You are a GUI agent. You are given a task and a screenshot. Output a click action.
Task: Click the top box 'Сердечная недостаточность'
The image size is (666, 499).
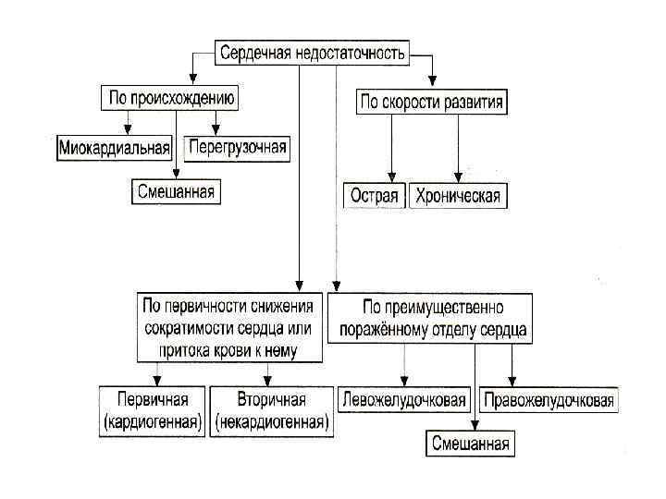[312, 53]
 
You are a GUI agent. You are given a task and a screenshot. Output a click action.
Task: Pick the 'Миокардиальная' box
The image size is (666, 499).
[116, 147]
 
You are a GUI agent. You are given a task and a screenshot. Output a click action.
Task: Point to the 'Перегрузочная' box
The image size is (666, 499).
[238, 147]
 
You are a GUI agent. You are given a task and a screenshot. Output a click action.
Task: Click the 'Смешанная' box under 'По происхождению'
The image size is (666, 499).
[175, 191]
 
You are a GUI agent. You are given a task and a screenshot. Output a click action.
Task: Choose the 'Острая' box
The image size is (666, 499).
[376, 195]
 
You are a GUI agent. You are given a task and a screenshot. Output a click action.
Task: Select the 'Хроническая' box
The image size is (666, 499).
[457, 195]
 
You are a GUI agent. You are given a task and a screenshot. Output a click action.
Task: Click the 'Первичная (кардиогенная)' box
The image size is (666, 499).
[154, 409]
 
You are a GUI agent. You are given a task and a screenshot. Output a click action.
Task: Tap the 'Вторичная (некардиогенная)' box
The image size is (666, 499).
[270, 409]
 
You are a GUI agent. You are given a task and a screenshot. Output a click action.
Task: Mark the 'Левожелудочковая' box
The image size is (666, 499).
[404, 400]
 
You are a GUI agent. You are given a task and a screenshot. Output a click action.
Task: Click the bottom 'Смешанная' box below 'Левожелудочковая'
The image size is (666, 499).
[472, 444]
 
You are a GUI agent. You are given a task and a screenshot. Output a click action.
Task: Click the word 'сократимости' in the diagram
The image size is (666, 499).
[183, 327]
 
